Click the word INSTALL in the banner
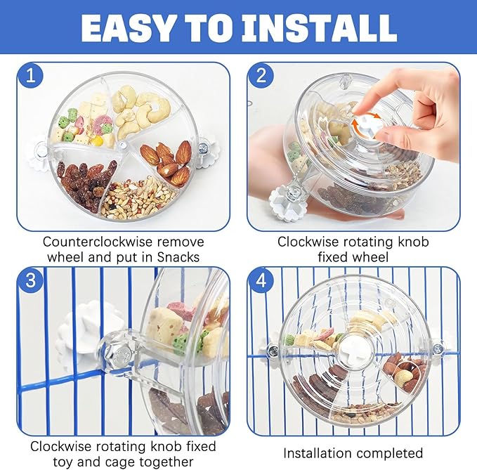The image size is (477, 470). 319,27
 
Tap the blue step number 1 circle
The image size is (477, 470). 31,75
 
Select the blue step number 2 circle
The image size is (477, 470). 261,75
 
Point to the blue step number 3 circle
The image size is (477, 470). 31,280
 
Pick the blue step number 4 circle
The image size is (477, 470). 261,280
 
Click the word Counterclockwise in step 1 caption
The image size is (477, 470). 97,242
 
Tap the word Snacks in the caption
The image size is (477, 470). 178,257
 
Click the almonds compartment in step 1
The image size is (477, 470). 166,162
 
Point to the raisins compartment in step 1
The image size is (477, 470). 89,183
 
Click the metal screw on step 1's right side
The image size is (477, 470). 202,148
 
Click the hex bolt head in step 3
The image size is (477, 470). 119,353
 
